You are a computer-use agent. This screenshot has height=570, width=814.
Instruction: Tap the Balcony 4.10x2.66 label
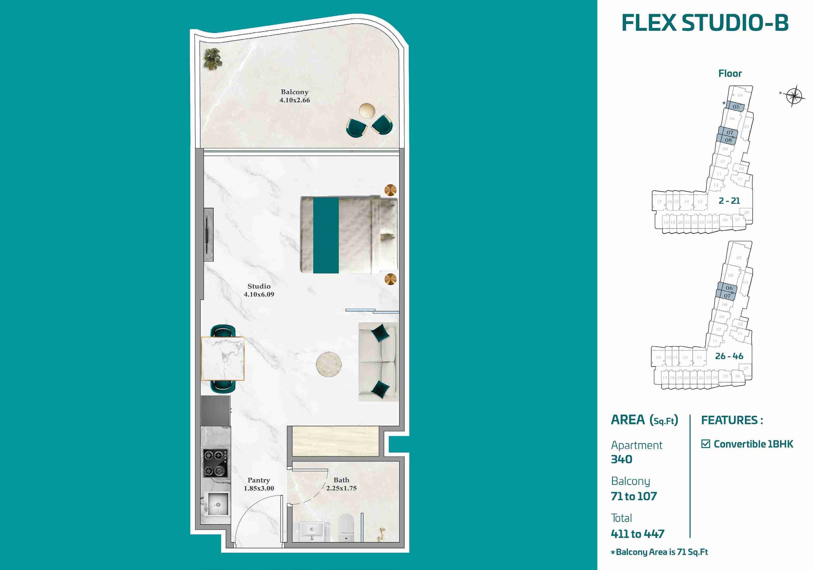pyautogui.click(x=295, y=96)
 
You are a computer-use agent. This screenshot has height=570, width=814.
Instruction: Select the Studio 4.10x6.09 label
pyautogui.click(x=259, y=290)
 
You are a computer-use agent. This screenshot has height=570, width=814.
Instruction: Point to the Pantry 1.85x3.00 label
pyautogui.click(x=259, y=484)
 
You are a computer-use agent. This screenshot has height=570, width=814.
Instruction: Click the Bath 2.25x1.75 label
pyautogui.click(x=341, y=484)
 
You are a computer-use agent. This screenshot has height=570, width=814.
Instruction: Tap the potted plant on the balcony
pyautogui.click(x=213, y=59)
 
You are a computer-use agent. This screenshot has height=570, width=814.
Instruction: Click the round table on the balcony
pyautogui.click(x=367, y=110)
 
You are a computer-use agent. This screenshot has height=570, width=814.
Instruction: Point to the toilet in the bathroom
pyautogui.click(x=346, y=527)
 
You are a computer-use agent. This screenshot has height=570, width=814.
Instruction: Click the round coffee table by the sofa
pyautogui.click(x=329, y=364)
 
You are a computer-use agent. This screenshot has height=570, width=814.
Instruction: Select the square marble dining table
pyautogui.click(x=223, y=358)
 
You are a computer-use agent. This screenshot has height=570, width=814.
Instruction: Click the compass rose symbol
pyautogui.click(x=794, y=95)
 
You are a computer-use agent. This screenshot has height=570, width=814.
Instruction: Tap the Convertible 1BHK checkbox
pyautogui.click(x=705, y=444)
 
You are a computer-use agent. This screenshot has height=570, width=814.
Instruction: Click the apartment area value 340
pyautogui.click(x=621, y=459)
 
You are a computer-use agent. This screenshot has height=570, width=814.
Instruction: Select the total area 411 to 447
pyautogui.click(x=637, y=534)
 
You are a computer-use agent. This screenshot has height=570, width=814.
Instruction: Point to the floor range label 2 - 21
pyautogui.click(x=729, y=201)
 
